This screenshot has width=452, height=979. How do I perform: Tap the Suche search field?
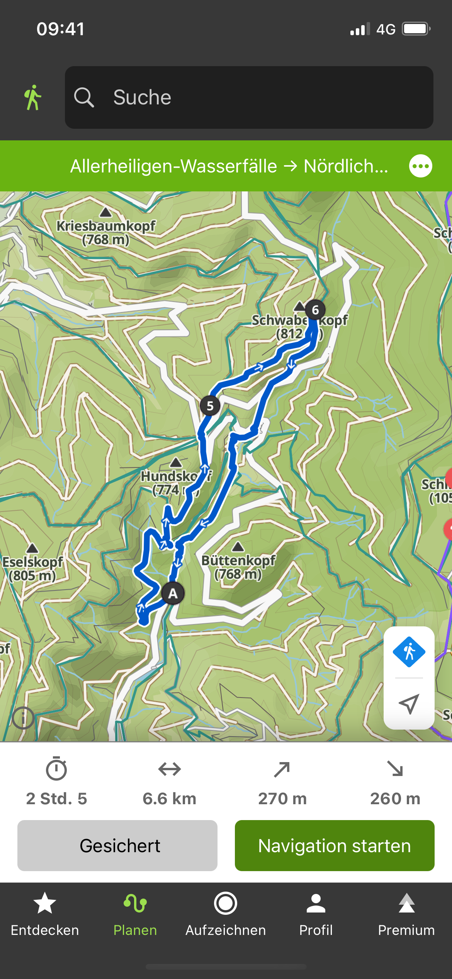pos(249,97)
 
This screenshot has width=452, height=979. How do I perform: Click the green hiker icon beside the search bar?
pos(33,97)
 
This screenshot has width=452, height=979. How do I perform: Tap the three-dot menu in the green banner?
pos(420,166)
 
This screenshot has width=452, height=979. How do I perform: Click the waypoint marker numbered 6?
pos(315,310)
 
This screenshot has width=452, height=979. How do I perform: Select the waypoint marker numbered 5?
pos(210,406)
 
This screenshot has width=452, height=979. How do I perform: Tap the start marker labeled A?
pos(173,593)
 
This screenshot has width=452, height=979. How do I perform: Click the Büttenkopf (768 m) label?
pos(238,567)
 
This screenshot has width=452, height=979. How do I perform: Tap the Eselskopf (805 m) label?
pos(32,568)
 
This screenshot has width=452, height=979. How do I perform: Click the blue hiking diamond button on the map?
pos(409,652)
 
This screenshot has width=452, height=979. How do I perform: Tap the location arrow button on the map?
pos(409,704)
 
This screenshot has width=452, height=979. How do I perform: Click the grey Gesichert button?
pos(117,846)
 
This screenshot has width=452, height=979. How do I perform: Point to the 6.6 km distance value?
pos(169,798)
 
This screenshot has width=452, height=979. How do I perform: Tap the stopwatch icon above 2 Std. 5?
pos(56,769)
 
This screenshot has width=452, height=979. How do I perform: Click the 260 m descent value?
pos(395,798)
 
